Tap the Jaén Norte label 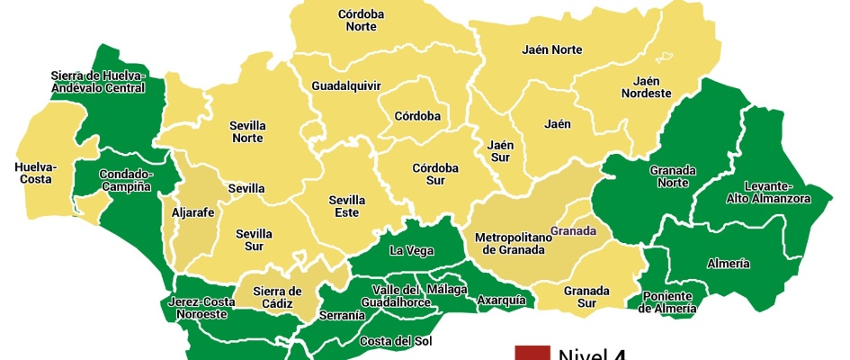[x=551, y=49]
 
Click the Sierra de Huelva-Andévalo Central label [x=98, y=81]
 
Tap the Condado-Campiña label [x=125, y=180]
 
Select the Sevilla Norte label [x=246, y=131]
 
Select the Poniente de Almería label [x=667, y=302]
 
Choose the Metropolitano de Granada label [x=509, y=243]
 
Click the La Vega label [x=408, y=250]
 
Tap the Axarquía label [x=501, y=300]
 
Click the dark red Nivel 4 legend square [x=531, y=352]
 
